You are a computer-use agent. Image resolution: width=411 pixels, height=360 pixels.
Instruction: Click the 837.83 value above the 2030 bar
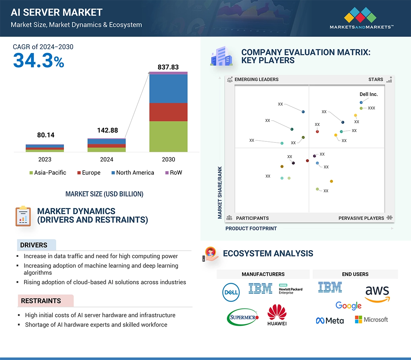tap(168, 67)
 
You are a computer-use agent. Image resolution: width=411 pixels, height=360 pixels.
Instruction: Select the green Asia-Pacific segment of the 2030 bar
tap(168, 136)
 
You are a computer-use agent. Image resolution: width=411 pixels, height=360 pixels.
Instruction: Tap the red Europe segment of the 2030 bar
tap(168, 112)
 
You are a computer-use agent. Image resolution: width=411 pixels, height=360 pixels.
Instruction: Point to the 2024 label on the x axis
tap(106, 159)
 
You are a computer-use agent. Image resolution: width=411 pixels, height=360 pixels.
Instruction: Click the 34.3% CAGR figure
tap(39, 61)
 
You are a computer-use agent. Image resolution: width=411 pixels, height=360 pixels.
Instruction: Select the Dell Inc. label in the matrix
tap(368, 94)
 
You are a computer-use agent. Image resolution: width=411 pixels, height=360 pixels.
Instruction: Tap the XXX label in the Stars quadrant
tap(371, 108)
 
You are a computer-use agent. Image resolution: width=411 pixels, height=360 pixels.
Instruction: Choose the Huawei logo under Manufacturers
tap(277, 315)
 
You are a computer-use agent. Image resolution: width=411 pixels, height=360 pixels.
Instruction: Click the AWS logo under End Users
tap(377, 294)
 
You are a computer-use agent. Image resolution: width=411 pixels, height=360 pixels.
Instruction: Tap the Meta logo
tap(330, 320)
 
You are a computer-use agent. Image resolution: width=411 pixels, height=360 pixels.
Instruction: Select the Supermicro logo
tap(243, 317)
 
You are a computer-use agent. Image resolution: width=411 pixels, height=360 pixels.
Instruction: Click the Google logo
tap(348, 306)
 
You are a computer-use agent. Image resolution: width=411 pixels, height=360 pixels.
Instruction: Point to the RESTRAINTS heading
tap(41, 301)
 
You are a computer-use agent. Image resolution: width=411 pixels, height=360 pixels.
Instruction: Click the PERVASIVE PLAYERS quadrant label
tap(361, 218)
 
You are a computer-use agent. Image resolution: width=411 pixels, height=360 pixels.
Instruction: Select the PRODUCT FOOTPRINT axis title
tap(251, 228)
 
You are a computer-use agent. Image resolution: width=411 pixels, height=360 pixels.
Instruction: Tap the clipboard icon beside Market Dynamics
tap(23, 216)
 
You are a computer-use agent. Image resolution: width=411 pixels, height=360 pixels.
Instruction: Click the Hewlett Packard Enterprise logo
tap(290, 289)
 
